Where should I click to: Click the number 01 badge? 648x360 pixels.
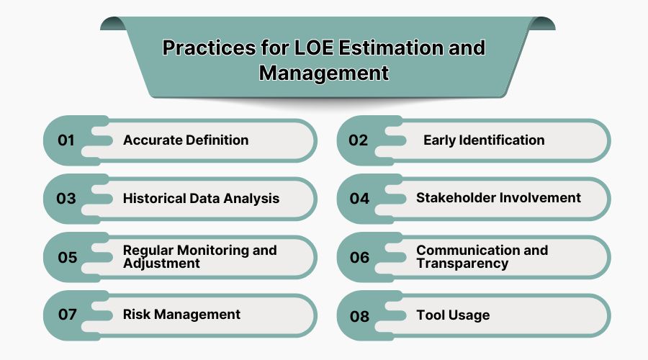[66, 140]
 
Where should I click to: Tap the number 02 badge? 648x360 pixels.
[359, 140]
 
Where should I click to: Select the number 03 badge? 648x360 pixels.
[66, 199]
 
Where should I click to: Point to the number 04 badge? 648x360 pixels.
[359, 199]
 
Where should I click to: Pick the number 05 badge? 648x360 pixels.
[67, 257]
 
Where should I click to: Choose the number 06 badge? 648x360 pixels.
[359, 257]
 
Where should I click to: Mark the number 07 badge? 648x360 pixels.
[67, 315]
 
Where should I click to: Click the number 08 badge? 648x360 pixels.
[359, 315]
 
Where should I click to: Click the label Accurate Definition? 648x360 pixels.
[186, 140]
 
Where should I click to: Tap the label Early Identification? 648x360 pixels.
[483, 140]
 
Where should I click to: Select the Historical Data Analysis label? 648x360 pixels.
[201, 198]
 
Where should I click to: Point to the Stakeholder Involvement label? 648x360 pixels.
[498, 197]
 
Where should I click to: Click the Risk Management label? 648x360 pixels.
[181, 315]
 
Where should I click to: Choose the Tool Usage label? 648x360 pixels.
[453, 315]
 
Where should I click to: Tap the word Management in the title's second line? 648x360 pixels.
[324, 73]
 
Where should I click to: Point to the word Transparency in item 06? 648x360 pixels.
[462, 264]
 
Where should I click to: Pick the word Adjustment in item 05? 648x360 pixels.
[161, 264]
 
